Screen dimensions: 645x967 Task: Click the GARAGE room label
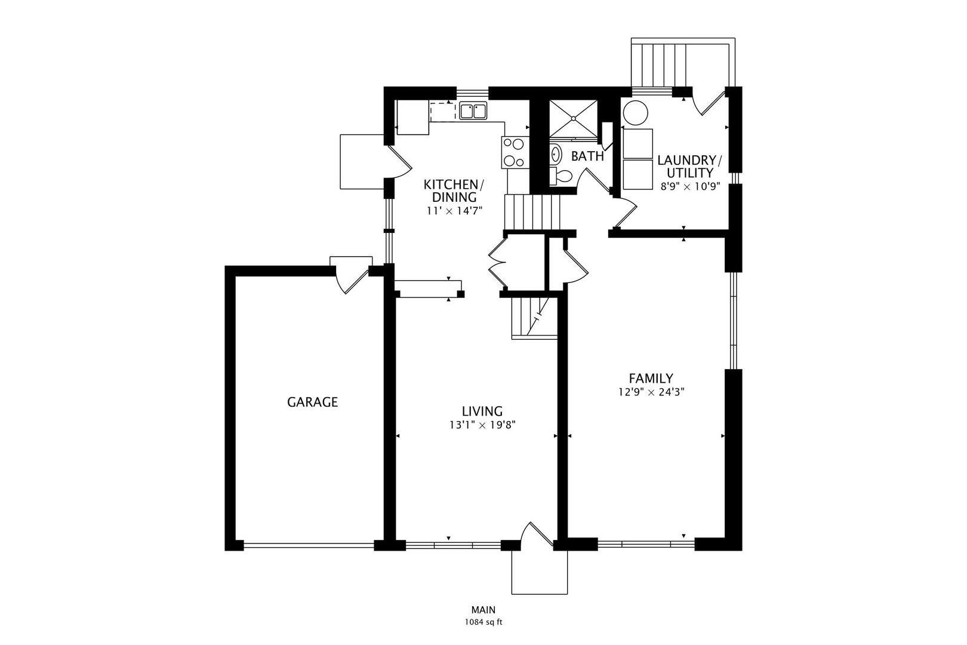coord(312,402)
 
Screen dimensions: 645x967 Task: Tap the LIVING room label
coord(482,411)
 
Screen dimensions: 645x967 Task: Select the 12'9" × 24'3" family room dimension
coord(651,392)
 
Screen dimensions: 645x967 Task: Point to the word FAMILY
coord(651,378)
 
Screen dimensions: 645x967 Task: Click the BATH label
coord(587,156)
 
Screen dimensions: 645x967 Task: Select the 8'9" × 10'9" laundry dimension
coord(690,186)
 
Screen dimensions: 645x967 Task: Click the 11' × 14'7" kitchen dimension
coord(454,211)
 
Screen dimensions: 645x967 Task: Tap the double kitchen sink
coord(473,111)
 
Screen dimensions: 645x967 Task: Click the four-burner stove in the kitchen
coord(514,152)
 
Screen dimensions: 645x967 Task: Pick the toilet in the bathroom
coord(561,176)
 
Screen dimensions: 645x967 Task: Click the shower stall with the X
coord(572,117)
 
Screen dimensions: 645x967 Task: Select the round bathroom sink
coord(556,154)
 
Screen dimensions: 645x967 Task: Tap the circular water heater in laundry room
coord(635,113)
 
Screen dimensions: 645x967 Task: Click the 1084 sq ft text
coord(483,622)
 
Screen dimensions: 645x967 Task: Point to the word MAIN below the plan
coord(483,610)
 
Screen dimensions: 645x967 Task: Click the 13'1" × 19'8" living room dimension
coord(482,425)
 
